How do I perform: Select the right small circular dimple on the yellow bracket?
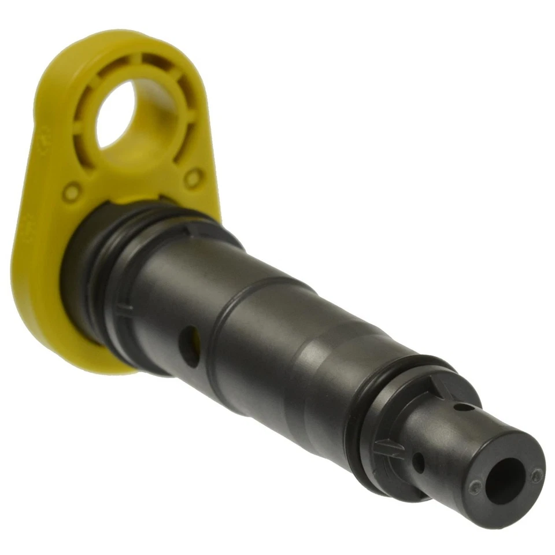(x=194, y=177)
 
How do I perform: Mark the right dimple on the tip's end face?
(x=537, y=475)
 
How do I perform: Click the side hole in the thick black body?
(x=190, y=345)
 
